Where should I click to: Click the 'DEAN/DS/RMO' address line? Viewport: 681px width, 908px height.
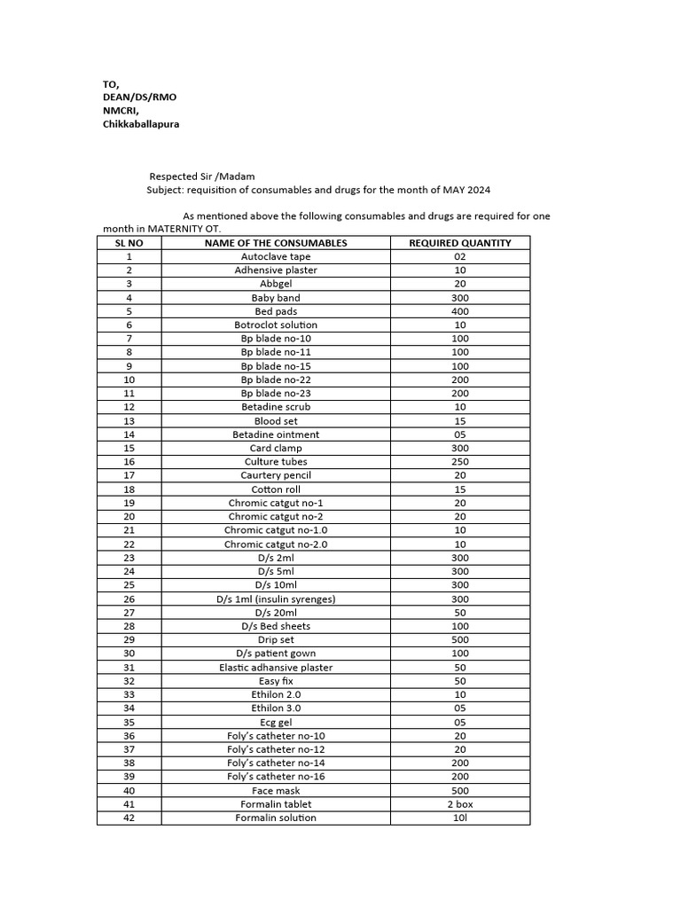(x=133, y=97)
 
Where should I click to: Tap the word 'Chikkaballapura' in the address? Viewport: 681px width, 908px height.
(x=141, y=124)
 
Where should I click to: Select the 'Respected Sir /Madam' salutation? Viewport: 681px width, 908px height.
(x=201, y=176)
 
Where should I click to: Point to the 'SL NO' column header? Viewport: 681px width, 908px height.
(x=129, y=243)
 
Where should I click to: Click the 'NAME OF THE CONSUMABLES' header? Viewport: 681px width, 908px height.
(x=276, y=243)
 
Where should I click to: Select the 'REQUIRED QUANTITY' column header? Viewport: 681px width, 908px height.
(x=459, y=243)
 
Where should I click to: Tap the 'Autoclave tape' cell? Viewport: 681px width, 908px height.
(x=276, y=256)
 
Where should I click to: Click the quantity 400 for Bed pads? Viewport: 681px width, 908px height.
(x=459, y=311)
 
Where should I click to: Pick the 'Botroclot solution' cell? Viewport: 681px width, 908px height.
(x=276, y=325)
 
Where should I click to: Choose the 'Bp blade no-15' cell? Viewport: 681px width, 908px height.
(x=276, y=366)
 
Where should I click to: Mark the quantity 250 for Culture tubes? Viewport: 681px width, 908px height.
(x=459, y=462)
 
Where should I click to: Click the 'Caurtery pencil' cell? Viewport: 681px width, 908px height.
(x=276, y=475)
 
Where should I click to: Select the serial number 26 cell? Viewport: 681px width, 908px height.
(x=129, y=599)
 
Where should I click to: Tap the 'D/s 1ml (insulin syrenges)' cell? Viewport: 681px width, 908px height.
(x=276, y=599)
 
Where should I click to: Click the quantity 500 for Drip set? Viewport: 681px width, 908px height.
(x=459, y=639)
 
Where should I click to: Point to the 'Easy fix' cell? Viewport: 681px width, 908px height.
(x=276, y=681)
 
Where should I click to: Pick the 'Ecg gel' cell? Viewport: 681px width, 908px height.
(x=276, y=722)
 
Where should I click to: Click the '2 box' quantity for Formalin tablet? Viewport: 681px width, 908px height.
(x=459, y=804)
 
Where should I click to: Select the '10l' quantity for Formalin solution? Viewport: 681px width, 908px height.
(x=459, y=818)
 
